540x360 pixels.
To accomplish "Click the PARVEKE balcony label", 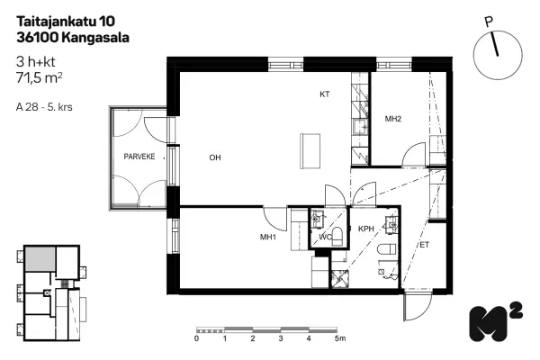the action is pyautogui.click(x=139, y=157).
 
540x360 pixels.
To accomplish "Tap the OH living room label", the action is pyautogui.click(x=215, y=157).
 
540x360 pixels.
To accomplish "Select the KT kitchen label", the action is pyautogui.click(x=324, y=94).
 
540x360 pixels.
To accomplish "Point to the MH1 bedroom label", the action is pyautogui.click(x=268, y=237).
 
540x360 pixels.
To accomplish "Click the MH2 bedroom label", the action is pyautogui.click(x=393, y=119).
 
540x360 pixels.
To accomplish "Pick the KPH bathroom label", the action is pyautogui.click(x=365, y=229).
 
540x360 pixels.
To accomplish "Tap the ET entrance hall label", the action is pyautogui.click(x=424, y=245).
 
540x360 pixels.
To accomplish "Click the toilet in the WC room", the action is pyautogui.click(x=337, y=237).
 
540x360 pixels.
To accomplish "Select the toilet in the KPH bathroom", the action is pyautogui.click(x=387, y=249).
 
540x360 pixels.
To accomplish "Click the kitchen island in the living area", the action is pyautogui.click(x=310, y=151).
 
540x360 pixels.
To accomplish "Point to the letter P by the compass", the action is pyautogui.click(x=489, y=22).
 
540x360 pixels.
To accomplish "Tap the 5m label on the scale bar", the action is pyautogui.click(x=340, y=338).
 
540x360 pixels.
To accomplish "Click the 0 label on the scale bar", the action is pyautogui.click(x=196, y=338).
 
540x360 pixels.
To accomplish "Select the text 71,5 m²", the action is pyautogui.click(x=40, y=78).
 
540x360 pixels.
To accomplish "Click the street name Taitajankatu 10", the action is pyautogui.click(x=66, y=22).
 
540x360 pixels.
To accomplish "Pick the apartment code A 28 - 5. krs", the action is pyautogui.click(x=44, y=107).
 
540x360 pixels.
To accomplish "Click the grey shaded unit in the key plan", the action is pyautogui.click(x=40, y=258).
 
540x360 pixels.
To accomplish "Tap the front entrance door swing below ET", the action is pyautogui.click(x=417, y=307).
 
